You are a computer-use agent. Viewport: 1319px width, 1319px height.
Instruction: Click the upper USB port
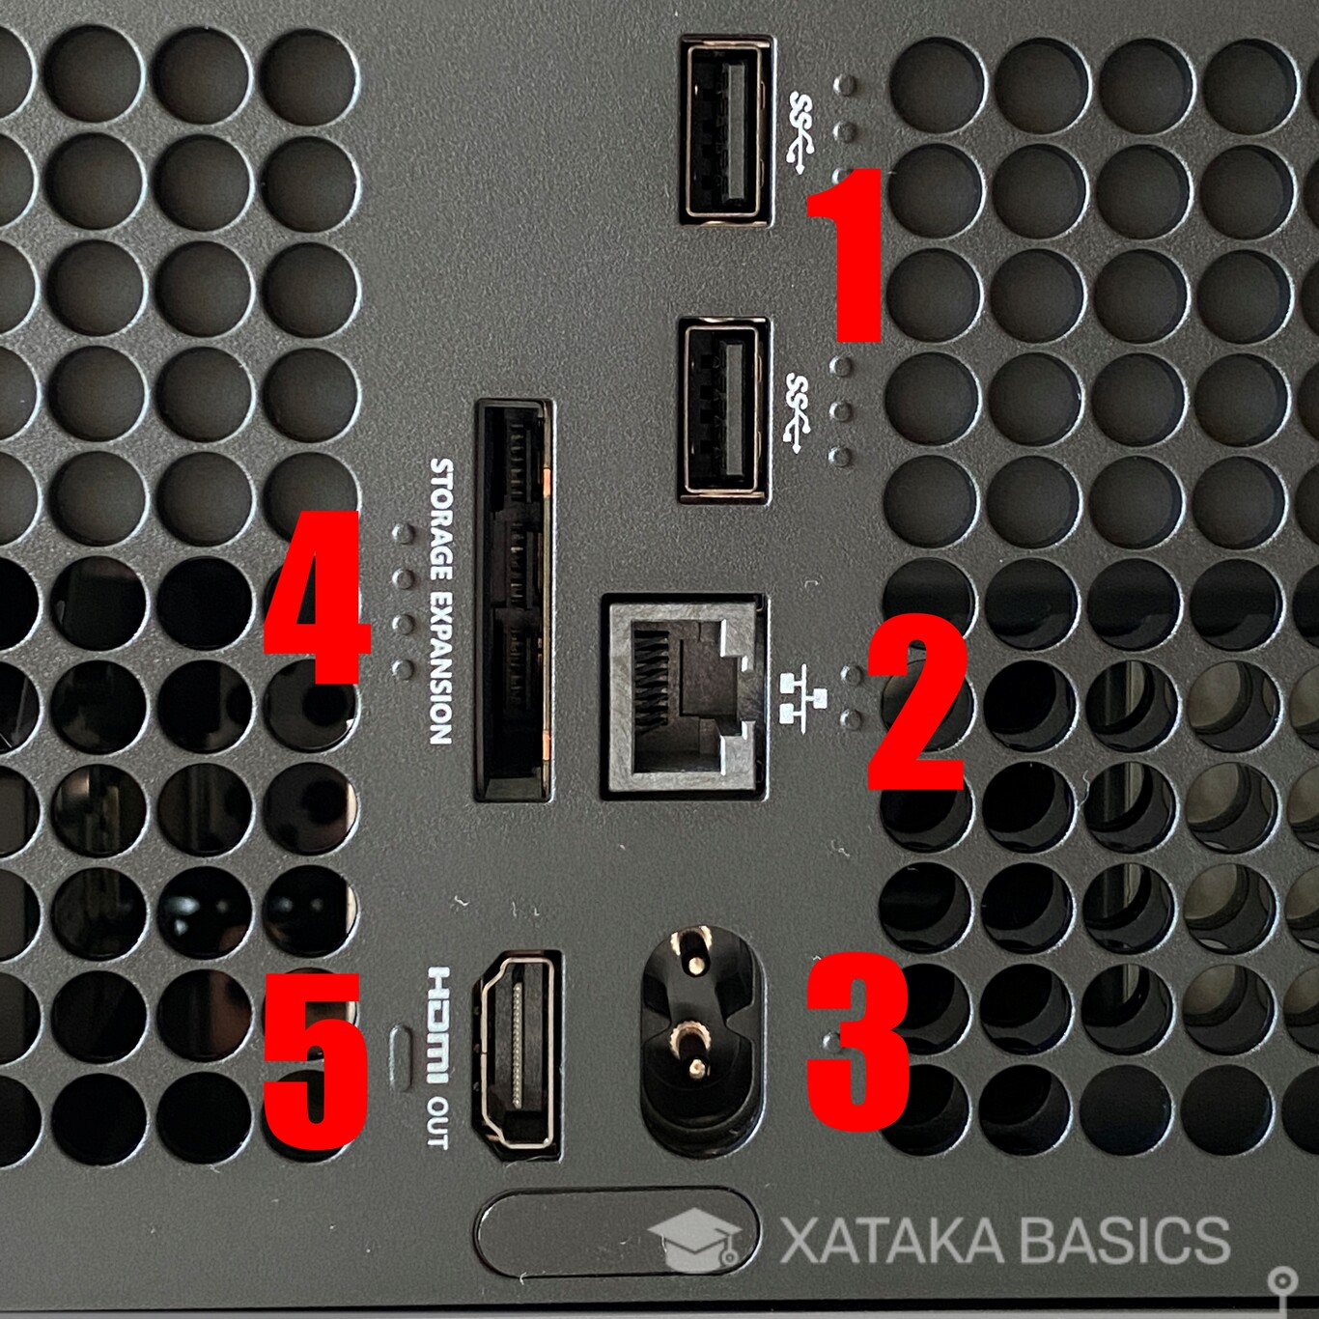pos(725,131)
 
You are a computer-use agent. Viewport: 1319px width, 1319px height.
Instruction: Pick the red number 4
pos(316,598)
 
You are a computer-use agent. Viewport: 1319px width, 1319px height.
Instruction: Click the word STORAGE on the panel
pos(441,519)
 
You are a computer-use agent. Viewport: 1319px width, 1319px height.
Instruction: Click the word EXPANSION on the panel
pos(440,667)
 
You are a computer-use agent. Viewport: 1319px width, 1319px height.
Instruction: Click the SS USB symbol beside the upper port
pos(801,133)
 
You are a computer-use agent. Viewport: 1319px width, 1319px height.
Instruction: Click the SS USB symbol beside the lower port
pos(799,412)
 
